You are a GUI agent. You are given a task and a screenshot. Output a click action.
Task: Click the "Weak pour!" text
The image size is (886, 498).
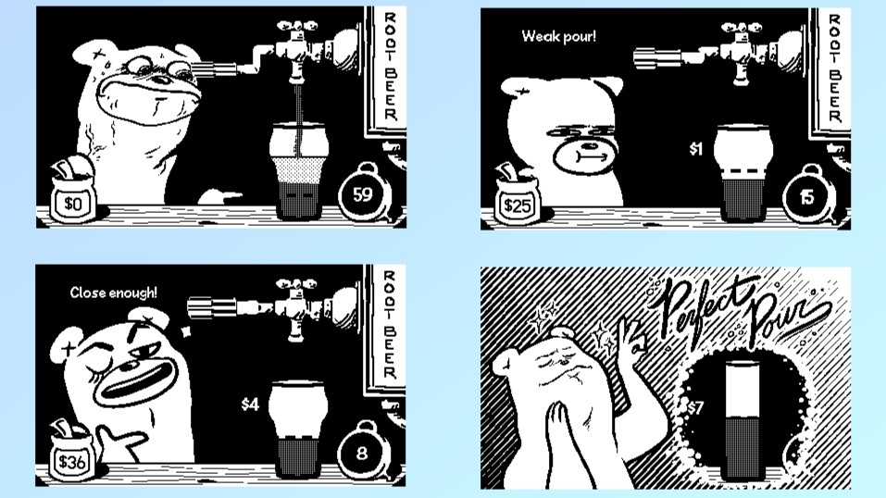click(558, 37)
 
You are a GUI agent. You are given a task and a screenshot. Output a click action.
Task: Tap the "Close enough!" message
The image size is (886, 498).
click(114, 293)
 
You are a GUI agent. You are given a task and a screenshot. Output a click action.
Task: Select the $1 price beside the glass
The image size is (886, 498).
click(695, 149)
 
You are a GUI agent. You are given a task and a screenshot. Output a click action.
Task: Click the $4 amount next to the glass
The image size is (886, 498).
click(250, 405)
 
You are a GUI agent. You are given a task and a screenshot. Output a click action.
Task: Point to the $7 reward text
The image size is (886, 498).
click(695, 407)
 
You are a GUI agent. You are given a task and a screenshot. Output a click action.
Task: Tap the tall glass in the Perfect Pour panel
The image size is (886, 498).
click(744, 419)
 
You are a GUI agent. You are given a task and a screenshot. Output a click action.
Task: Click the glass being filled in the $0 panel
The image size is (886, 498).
click(298, 172)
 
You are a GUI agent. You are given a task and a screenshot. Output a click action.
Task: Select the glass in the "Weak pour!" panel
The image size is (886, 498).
click(743, 173)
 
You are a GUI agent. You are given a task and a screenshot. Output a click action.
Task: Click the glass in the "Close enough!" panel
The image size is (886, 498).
click(298, 429)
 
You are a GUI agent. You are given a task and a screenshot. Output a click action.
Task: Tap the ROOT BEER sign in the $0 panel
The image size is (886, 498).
click(388, 68)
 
